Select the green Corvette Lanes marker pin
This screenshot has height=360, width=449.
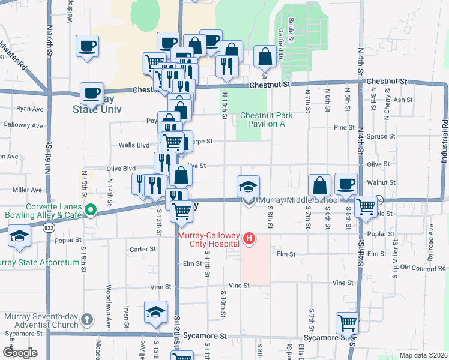click(91, 210)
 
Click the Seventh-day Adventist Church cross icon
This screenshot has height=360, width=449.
click(86, 319)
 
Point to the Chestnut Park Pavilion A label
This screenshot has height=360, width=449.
click(262, 119)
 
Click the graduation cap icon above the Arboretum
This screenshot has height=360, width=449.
click(19, 235)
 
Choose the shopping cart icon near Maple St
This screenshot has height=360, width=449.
click(366, 207)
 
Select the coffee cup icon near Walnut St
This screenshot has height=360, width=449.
click(346, 184)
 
